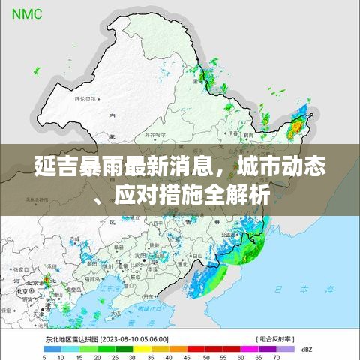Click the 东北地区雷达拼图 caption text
[69, 338]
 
